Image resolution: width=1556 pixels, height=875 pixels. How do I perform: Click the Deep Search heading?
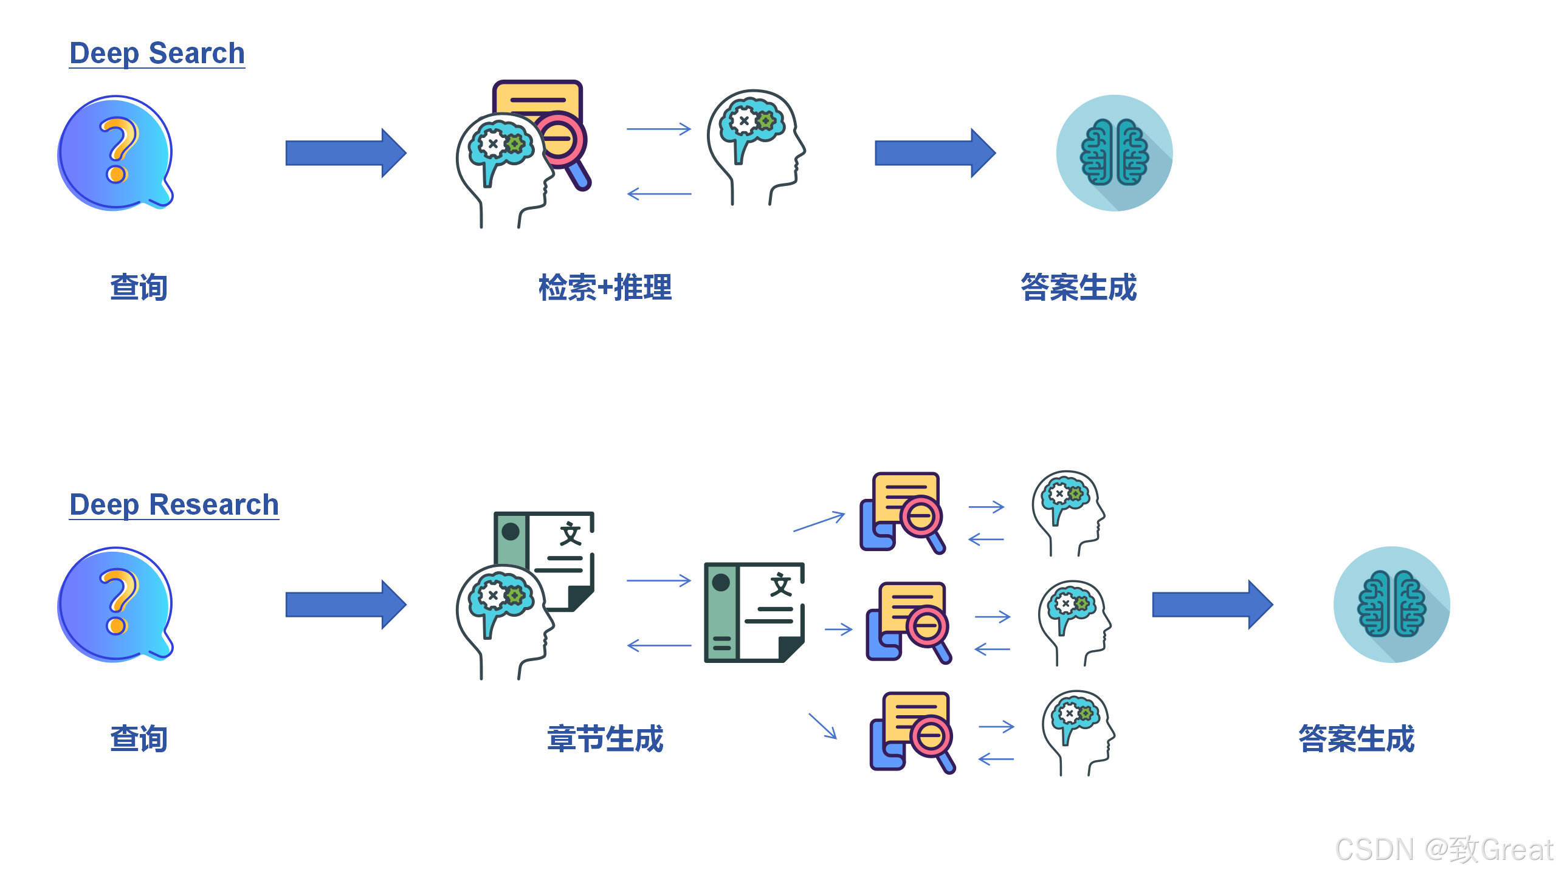[x=157, y=53]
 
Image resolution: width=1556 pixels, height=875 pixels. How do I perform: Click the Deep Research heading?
[x=174, y=505]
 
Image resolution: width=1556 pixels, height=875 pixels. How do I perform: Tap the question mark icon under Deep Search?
[x=115, y=153]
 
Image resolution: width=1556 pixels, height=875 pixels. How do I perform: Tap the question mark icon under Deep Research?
[x=115, y=604]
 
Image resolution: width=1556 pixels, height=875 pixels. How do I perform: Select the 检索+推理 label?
[x=605, y=287]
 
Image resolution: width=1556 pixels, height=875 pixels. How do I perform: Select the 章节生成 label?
[x=605, y=739]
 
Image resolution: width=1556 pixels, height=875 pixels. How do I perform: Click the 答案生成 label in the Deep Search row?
[x=1078, y=287]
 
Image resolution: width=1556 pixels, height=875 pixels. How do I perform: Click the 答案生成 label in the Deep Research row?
[x=1356, y=739]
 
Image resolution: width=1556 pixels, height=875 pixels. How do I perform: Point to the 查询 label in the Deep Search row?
[x=139, y=287]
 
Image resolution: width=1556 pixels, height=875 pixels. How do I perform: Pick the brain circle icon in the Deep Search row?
[x=1114, y=153]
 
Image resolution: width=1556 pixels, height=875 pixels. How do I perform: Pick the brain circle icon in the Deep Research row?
[x=1391, y=604]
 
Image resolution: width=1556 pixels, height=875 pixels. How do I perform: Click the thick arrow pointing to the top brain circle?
[x=934, y=153]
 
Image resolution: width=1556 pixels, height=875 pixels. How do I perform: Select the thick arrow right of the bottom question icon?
[x=345, y=604]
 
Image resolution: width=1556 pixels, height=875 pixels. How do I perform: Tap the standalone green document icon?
[x=754, y=612]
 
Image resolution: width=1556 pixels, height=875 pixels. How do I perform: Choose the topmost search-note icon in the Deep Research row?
[x=903, y=512]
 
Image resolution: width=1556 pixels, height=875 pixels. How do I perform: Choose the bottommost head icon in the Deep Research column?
[x=1078, y=732]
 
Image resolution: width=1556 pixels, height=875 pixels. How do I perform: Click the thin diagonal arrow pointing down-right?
[x=822, y=726]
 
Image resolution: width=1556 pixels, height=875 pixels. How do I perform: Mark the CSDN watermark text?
[x=1444, y=849]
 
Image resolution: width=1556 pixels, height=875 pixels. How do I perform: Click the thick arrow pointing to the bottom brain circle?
[x=1212, y=604]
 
